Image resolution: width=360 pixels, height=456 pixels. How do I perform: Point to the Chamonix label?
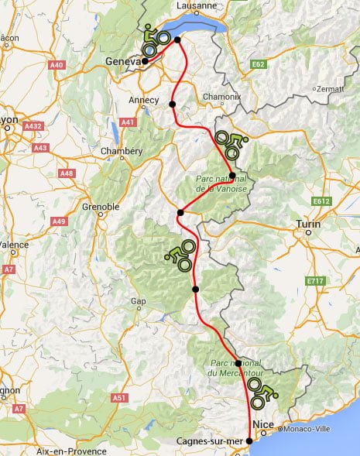click(x=223, y=98)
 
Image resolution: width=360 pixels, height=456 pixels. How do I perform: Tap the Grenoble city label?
click(x=101, y=207)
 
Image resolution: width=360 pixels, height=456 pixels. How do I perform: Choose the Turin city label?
click(x=309, y=225)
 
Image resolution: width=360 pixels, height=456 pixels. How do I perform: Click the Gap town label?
click(x=139, y=301)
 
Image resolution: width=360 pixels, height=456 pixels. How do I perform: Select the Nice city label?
click(x=263, y=424)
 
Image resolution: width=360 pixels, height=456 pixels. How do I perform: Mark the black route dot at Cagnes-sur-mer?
click(x=249, y=441)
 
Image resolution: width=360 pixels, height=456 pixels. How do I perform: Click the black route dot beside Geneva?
click(x=146, y=61)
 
